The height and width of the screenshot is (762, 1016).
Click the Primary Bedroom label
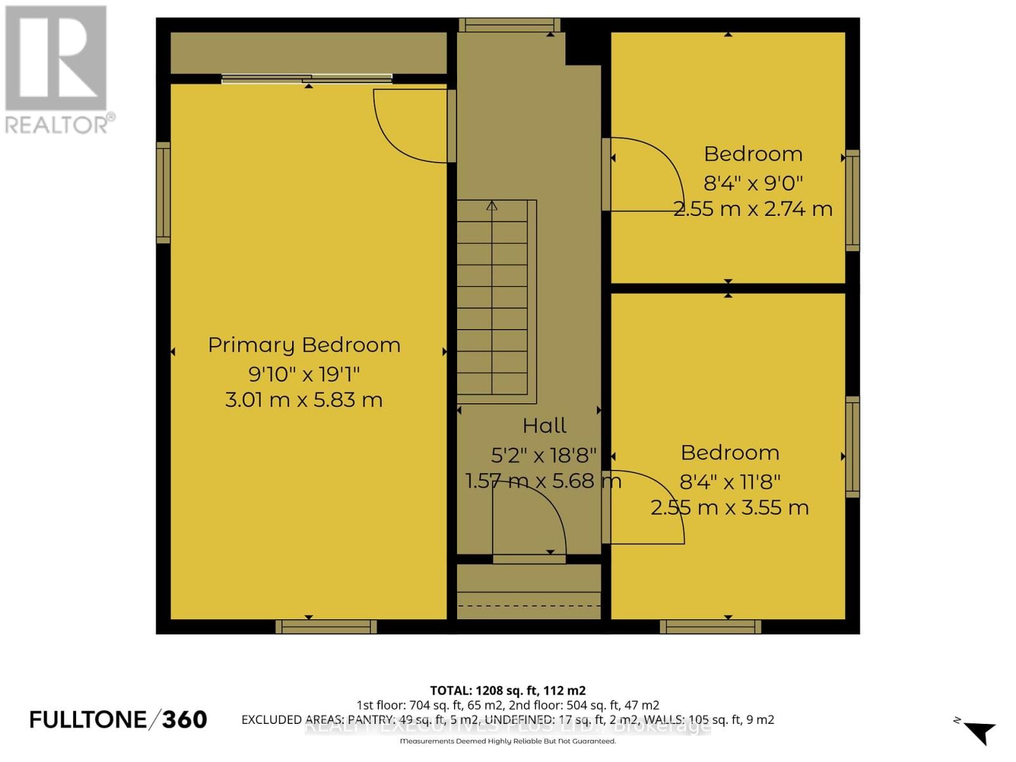point(304,345)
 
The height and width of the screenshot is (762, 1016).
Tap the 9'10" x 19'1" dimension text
point(304,373)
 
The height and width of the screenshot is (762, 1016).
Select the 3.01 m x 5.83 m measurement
point(304,400)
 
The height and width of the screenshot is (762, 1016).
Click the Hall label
point(544,425)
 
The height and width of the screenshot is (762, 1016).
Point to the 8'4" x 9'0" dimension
point(753,183)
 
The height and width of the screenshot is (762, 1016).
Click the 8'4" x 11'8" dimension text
point(730,482)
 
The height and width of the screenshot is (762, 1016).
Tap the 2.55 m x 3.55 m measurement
point(730,508)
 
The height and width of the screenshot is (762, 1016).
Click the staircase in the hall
point(493,298)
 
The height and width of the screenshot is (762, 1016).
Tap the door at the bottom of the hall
point(528,521)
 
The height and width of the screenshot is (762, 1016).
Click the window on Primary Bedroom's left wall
point(163,192)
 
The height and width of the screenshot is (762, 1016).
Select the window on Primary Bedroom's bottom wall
point(326,627)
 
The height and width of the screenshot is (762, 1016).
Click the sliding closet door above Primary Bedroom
point(307,79)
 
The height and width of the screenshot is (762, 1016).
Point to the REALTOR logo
point(57,70)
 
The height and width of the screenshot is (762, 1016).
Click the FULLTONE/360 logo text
point(118,719)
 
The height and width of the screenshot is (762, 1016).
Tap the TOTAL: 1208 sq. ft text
point(507,690)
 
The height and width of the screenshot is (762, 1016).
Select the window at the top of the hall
point(509,25)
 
